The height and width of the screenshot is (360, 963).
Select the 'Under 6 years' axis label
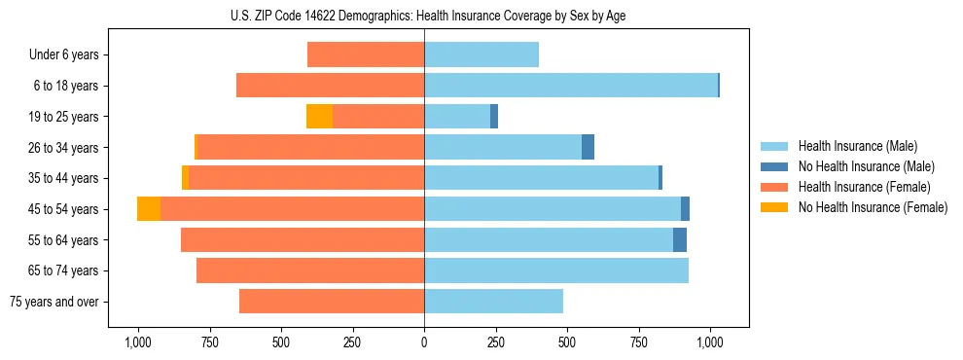[x=64, y=54]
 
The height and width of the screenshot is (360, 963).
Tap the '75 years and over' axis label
[x=53, y=302]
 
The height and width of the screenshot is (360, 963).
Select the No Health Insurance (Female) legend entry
[x=873, y=207]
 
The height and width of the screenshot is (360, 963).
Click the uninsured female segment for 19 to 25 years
[x=319, y=117]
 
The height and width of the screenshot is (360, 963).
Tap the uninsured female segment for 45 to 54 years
[x=149, y=209]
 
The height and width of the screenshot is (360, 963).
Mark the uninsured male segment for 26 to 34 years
[x=588, y=147]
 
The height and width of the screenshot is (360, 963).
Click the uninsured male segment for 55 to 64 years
[x=680, y=239]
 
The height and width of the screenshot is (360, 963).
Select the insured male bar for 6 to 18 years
[x=571, y=86]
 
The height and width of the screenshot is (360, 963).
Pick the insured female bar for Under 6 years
[x=366, y=54]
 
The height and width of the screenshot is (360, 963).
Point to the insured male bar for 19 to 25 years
[x=457, y=117]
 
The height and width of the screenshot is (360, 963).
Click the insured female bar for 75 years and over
[x=332, y=302]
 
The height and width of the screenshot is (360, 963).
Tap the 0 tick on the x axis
[x=424, y=342]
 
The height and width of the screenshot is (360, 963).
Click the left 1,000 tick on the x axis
[x=137, y=342]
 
